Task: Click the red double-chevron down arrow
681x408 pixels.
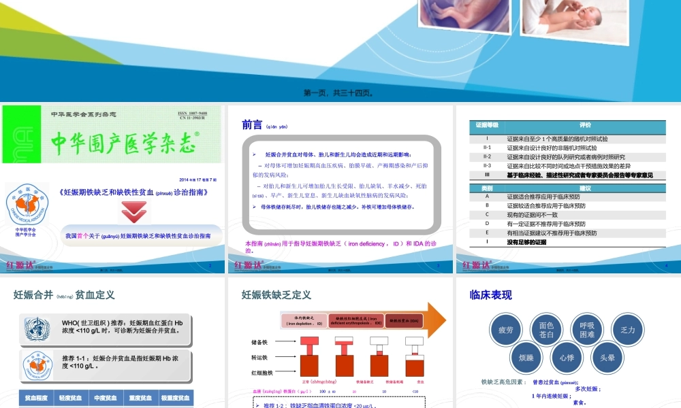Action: coord(134,212)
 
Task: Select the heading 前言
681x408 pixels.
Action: coord(252,124)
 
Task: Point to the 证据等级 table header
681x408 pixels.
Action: coord(487,125)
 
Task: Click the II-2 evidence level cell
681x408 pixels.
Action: coord(487,156)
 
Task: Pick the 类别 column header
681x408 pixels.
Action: coord(487,187)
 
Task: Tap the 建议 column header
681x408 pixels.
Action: coord(585,187)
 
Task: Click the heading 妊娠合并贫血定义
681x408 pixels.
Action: coord(64,295)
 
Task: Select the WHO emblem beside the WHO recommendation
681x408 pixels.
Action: coord(37,326)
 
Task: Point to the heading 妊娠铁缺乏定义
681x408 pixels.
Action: coord(276,295)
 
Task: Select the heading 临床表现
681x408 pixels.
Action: coord(491,295)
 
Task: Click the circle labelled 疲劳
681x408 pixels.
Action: coord(506,330)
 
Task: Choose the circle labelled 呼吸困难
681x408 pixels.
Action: coord(587,330)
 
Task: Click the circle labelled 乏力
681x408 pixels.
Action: coord(628,330)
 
